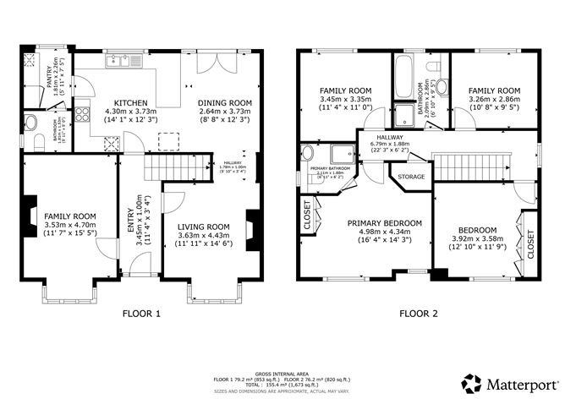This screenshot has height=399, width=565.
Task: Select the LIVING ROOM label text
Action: pos(203,227)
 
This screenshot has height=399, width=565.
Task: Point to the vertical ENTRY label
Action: pos(130,216)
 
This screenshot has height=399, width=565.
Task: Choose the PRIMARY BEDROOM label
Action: pos(384,223)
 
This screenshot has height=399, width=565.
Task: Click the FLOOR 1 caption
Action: pos(141,314)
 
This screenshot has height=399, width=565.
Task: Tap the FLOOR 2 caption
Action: pos(420,314)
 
